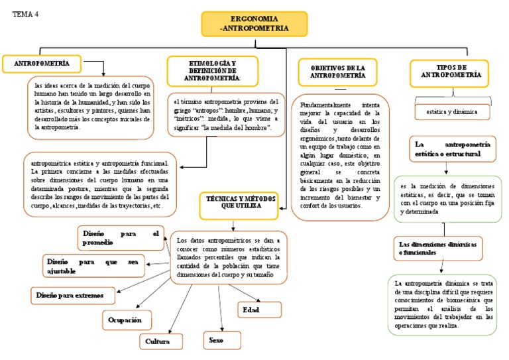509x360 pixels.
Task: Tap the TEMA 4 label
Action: click(26, 14)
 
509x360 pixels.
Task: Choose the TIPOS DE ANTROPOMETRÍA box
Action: click(448, 72)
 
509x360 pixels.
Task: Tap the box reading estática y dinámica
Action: click(453, 113)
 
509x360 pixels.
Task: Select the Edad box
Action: click(259, 310)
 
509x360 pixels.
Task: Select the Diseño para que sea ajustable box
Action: click(93, 267)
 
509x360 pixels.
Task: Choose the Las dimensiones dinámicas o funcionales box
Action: click(437, 247)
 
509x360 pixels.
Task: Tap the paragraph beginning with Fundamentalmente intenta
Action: click(339, 156)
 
